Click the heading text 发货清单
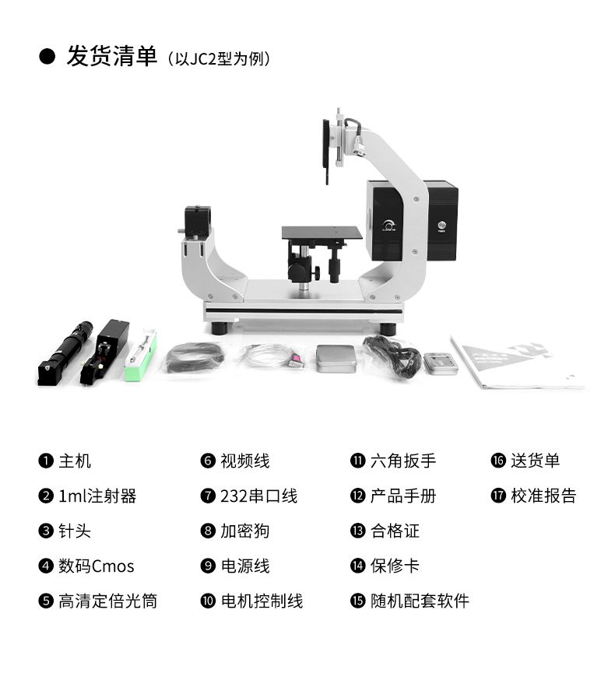pos(111,57)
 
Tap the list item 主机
pos(75,461)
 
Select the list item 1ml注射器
pos(97,496)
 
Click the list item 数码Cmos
pos(96,566)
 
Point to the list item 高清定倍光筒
pos(107,601)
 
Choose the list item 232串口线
pos(258,496)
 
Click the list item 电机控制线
pos(262,601)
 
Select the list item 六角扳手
pos(402,461)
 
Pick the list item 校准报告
pos(543,496)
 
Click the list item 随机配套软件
pos(420,601)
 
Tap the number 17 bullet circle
pos(498,496)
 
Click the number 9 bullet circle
pos(208,566)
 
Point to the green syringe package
pos(141,356)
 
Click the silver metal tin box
pos(336,358)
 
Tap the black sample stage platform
pos(322,233)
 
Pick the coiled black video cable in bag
pos(194,357)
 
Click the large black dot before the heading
pos(47,57)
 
